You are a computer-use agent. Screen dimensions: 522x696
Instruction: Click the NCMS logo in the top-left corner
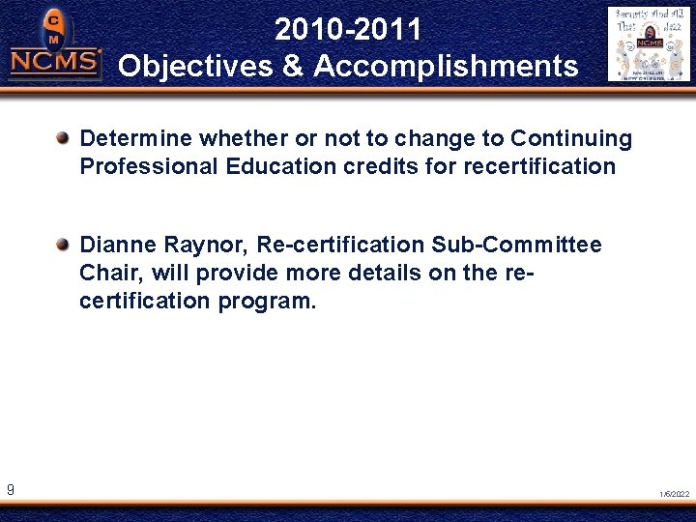(x=54, y=46)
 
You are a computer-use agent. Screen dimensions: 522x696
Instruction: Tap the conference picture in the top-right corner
(x=649, y=43)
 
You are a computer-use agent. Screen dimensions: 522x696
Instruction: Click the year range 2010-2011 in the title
(x=348, y=30)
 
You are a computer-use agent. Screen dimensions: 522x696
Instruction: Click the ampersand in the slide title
(x=297, y=67)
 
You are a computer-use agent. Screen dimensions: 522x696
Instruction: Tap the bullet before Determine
(x=63, y=138)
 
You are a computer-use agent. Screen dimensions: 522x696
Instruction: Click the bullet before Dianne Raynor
(x=63, y=245)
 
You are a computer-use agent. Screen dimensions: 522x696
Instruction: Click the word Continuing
(x=571, y=139)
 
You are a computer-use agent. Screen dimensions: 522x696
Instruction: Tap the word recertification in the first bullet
(x=539, y=166)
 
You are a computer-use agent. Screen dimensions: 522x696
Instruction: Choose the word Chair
(x=107, y=273)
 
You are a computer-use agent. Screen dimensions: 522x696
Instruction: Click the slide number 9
(x=10, y=491)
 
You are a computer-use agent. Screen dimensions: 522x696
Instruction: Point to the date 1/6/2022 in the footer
(x=675, y=494)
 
